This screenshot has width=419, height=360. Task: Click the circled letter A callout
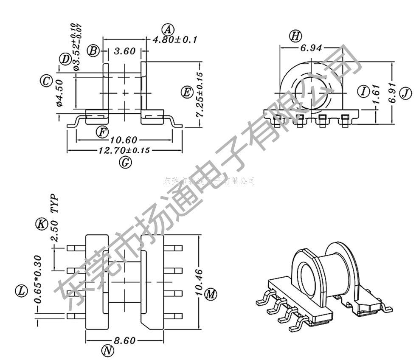169,30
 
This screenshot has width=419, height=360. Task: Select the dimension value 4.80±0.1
175,40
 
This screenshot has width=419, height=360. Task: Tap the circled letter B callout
93,51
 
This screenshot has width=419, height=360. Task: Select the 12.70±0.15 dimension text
125,150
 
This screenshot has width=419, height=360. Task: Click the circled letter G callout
125,162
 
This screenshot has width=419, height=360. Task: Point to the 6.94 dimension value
311,48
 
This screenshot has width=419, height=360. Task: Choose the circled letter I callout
363,91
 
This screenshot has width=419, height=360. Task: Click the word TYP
54,204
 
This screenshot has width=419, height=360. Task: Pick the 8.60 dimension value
124,340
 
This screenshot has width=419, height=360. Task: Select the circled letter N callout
108,351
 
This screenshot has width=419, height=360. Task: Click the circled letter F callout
101,132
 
